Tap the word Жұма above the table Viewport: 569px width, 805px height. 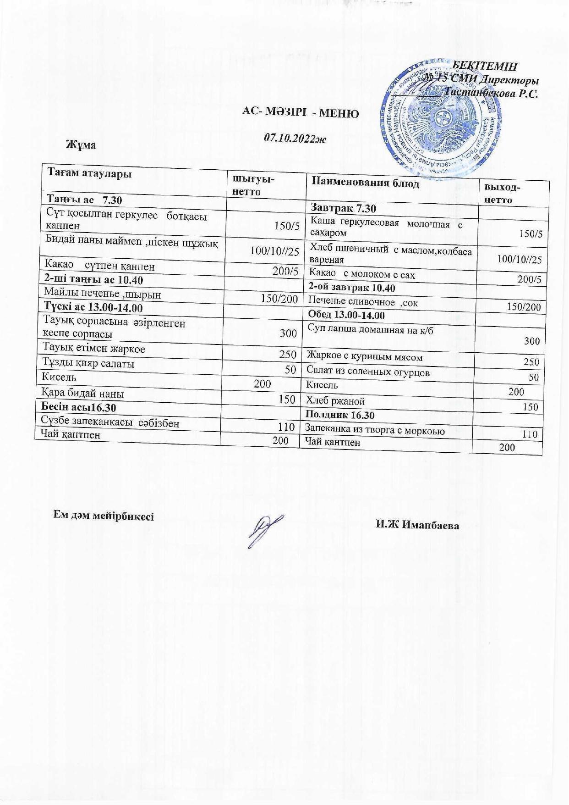[x=81, y=144]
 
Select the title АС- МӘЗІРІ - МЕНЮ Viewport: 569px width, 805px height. [x=301, y=113]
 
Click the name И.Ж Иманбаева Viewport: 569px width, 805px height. [x=417, y=525]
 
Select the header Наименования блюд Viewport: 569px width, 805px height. [x=365, y=182]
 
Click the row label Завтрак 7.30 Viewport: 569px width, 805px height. [x=343, y=209]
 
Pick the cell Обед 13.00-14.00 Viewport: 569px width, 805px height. [x=346, y=315]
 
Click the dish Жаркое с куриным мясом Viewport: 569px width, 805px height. [x=365, y=357]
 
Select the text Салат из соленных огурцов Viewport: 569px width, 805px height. [x=368, y=371]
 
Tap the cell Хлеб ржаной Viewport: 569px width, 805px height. [x=335, y=401]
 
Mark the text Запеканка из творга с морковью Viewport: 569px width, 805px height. [x=375, y=430]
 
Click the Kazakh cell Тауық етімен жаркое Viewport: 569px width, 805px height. [x=93, y=349]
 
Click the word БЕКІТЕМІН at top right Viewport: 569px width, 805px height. [x=485, y=66]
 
